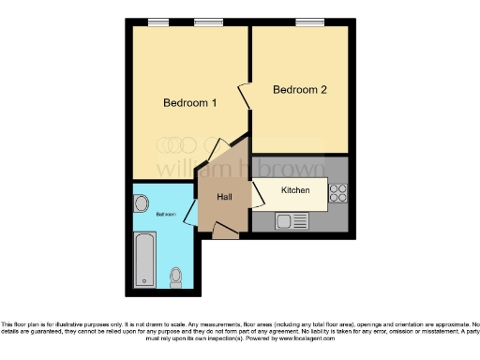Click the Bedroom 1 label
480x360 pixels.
[190, 102]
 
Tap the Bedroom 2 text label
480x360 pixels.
[299, 90]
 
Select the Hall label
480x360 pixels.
[225, 197]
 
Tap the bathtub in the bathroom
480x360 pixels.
[144, 260]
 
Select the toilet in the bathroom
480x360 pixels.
[176, 277]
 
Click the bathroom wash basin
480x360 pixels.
[142, 202]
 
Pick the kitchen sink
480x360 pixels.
[292, 222]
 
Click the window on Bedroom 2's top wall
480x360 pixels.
[307, 22]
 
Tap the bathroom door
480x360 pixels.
[191, 213]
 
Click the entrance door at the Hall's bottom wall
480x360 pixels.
[225, 236]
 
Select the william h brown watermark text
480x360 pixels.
[239, 170]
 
